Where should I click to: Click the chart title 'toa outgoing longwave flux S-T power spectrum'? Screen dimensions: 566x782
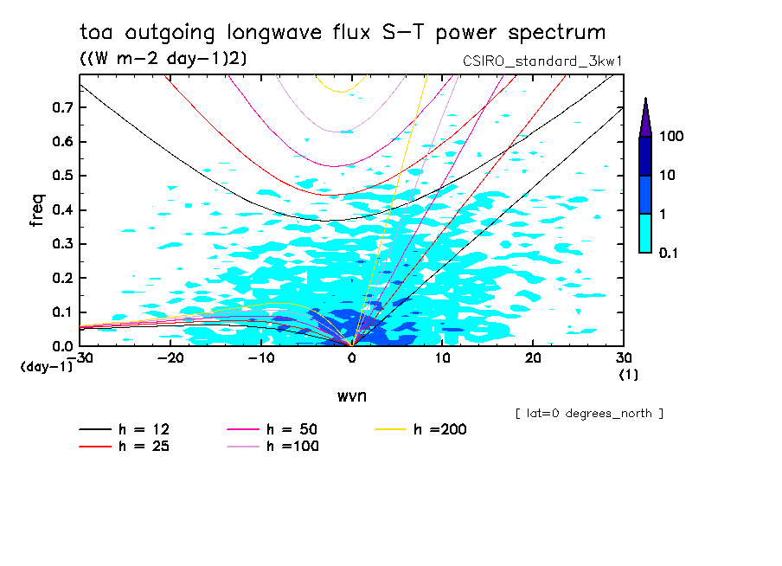pos(343,34)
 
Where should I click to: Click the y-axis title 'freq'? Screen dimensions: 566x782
pos(37,210)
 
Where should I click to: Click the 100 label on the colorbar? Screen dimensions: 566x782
pos(671,137)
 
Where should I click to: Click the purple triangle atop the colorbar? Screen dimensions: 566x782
pos(645,117)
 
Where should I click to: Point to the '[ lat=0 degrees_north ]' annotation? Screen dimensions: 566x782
pos(589,414)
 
